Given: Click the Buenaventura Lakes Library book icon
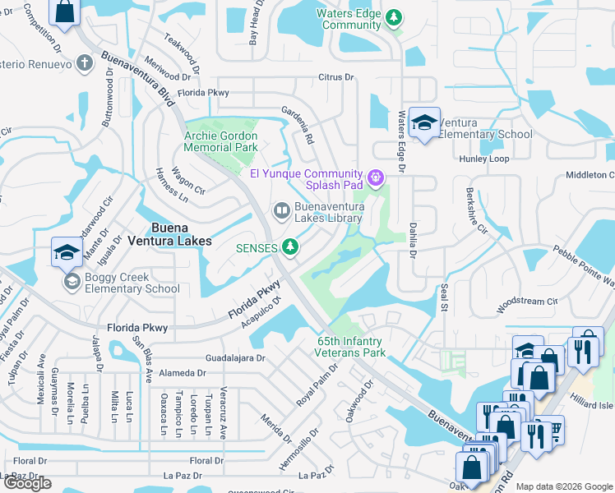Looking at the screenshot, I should (x=281, y=212).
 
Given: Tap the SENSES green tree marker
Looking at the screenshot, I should (x=289, y=246).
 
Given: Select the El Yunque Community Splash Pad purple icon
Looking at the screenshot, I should (x=376, y=177).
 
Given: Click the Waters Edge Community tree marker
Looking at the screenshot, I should (x=393, y=17).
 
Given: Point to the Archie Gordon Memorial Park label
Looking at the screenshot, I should (x=220, y=142).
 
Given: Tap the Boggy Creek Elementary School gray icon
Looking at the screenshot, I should (x=72, y=282).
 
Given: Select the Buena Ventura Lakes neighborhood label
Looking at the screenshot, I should (x=169, y=234).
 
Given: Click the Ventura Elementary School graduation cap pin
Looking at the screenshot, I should (x=423, y=123).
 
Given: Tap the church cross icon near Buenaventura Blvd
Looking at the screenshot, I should (x=84, y=63).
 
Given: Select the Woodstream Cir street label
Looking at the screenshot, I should (x=527, y=302).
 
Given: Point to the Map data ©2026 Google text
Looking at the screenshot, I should (x=564, y=486).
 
